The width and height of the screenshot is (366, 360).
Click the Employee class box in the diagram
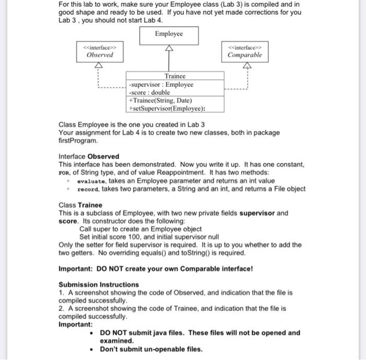169,34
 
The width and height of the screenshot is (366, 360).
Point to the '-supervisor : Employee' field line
161,84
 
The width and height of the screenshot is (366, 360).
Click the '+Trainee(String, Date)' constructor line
161,100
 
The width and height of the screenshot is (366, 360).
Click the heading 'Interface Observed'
89,156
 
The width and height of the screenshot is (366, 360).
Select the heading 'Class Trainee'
81,205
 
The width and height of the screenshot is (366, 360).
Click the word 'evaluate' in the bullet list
92,181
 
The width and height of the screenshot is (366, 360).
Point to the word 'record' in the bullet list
88,189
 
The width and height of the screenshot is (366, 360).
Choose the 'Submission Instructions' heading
99,285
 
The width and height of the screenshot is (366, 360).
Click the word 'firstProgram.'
78,141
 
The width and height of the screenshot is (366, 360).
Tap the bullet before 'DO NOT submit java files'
92,333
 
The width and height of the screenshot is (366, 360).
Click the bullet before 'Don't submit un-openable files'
92,349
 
